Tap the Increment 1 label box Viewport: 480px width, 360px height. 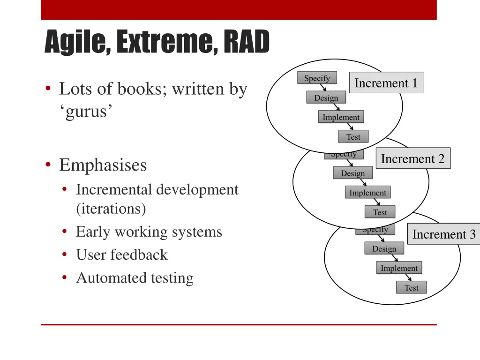pos(386,83)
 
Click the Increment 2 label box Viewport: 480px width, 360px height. pos(412,158)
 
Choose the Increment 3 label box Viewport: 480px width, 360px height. pos(443,234)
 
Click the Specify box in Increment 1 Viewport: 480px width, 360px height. pos(317,78)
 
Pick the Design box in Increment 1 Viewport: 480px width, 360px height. pos(326,97)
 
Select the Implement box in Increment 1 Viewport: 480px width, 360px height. pos(341,117)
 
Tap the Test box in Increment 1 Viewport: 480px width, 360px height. pos(353,137)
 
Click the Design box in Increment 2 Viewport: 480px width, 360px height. pos(352,173)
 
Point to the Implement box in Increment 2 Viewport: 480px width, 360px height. pos(367,193)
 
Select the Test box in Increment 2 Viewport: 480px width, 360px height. pos(380,212)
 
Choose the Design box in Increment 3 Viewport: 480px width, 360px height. pos(384,248)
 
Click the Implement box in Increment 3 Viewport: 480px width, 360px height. pos(399,268)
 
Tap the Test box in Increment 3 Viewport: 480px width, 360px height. pos(411,288)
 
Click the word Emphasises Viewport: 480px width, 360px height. pos(103,165)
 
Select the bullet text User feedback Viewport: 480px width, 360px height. pos(121,255)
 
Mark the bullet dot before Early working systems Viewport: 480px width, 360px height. pos(64,232)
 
